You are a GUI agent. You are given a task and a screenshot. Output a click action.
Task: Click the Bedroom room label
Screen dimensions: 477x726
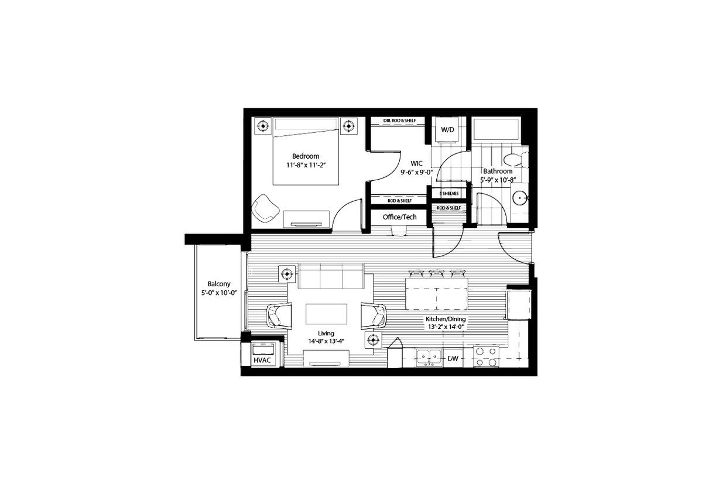click(306, 156)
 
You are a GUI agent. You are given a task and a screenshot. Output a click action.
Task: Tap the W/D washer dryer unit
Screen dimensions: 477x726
click(447, 130)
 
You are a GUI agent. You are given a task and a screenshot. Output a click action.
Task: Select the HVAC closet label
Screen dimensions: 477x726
click(262, 360)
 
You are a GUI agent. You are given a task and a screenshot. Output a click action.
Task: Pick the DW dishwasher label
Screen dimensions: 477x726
click(452, 358)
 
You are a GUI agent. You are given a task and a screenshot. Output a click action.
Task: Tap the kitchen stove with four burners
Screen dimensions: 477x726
click(486, 356)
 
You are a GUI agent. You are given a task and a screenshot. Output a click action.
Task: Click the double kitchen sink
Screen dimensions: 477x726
click(429, 356)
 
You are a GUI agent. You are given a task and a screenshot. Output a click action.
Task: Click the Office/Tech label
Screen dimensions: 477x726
click(399, 217)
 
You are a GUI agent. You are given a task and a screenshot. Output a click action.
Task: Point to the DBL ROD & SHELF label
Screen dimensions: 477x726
click(399, 121)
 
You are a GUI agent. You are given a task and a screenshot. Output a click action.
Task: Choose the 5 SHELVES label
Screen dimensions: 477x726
click(449, 193)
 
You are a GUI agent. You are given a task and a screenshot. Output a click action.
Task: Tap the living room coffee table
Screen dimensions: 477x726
click(326, 314)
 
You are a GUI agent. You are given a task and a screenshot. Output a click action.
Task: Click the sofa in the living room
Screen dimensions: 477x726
click(331, 276)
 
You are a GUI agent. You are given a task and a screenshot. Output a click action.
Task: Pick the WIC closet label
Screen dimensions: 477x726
click(416, 163)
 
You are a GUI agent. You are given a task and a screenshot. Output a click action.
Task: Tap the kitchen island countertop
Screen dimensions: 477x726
click(436, 293)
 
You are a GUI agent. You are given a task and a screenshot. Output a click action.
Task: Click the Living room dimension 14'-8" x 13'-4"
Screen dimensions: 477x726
click(326, 341)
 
